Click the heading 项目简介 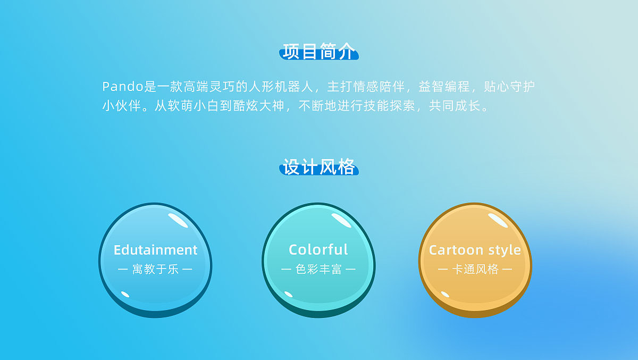[318, 52]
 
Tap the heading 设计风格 [318, 167]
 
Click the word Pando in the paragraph [123, 86]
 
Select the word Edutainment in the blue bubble [155, 250]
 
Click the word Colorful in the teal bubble [318, 250]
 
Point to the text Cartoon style [475, 250]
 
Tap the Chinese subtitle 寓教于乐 [155, 270]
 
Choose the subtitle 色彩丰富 [318, 270]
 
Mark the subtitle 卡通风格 [475, 270]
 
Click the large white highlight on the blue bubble [178, 220]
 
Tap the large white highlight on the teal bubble [341, 220]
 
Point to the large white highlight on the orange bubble [498, 220]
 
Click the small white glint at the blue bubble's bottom [125, 294]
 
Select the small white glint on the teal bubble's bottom [289, 294]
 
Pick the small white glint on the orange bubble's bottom [446, 294]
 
